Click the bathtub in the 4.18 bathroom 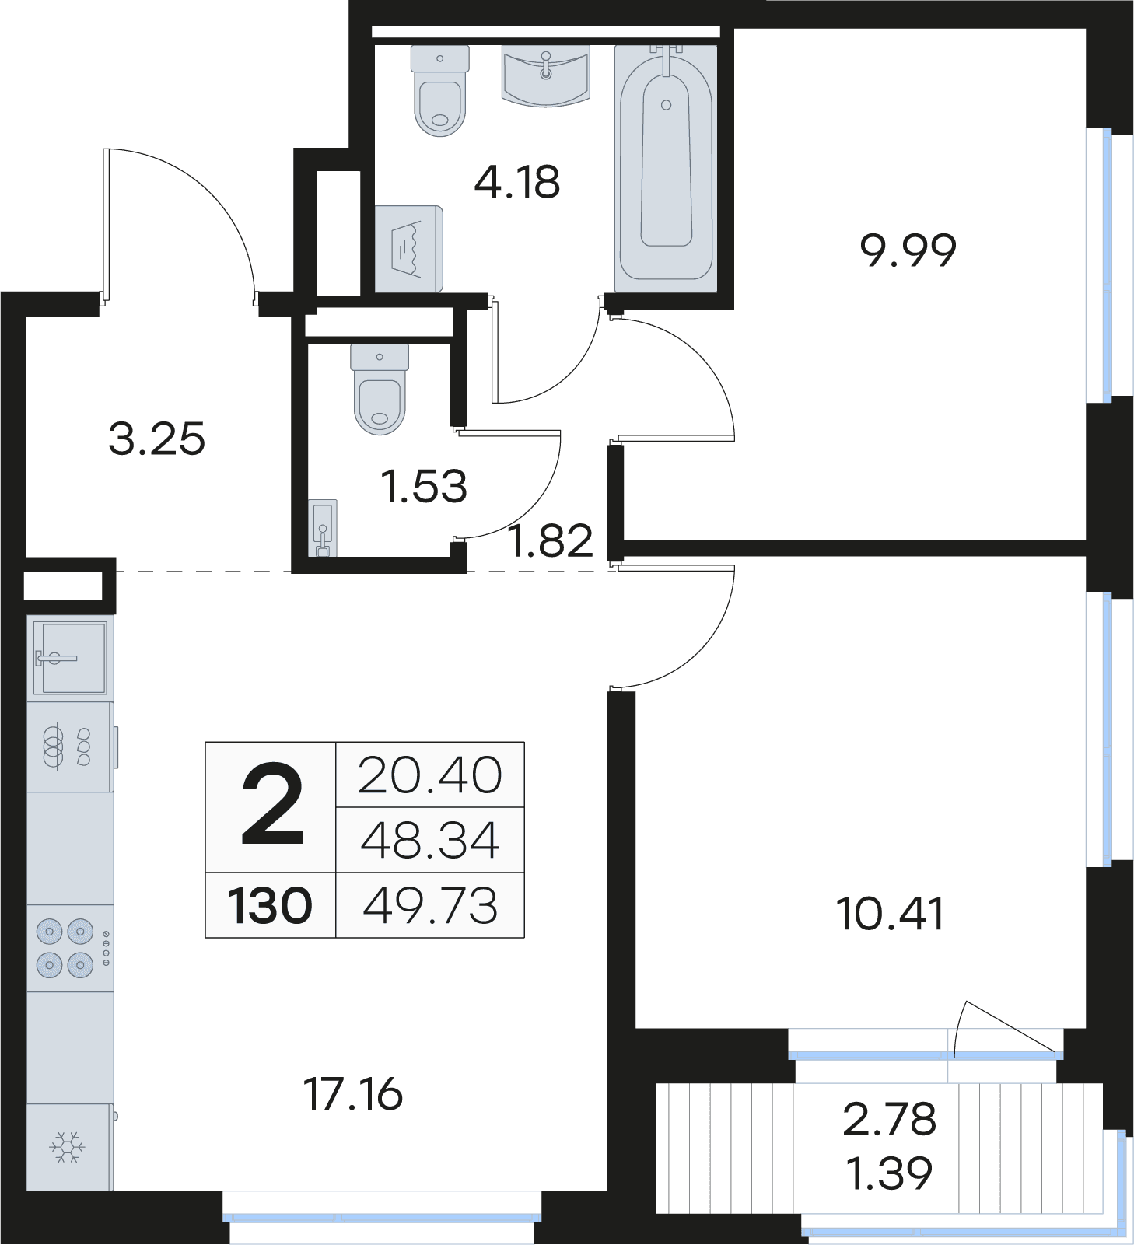(x=666, y=168)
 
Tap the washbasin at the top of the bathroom (x=545, y=75)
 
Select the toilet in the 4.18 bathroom (x=440, y=90)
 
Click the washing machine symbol (x=409, y=249)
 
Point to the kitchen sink (x=70, y=658)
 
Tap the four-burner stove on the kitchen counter (x=71, y=948)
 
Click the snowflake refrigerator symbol (x=68, y=1147)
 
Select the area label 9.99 (x=908, y=250)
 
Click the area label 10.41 (x=890, y=914)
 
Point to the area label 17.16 (x=353, y=1094)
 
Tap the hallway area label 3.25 (x=156, y=439)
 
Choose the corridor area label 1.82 (x=550, y=540)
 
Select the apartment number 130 (x=270, y=906)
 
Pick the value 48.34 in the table (x=430, y=841)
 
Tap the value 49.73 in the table (x=430, y=906)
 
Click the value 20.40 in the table (x=430, y=775)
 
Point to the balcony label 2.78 (x=890, y=1120)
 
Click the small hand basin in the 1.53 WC (x=323, y=528)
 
